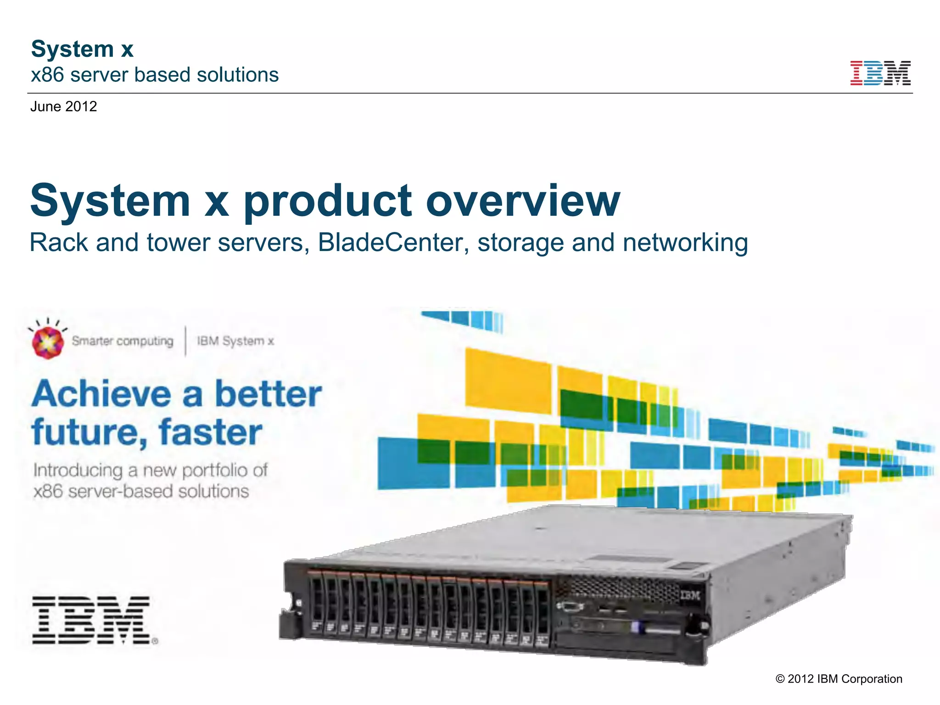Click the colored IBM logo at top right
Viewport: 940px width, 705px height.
[x=880, y=73]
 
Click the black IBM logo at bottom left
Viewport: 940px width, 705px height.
[x=92, y=620]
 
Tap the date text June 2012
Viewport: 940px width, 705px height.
[x=63, y=106]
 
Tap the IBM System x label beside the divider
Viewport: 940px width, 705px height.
[x=235, y=341]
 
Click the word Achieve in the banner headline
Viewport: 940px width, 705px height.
[x=101, y=394]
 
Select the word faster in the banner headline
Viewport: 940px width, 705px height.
[x=210, y=432]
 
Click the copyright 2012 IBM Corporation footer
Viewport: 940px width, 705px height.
[x=839, y=679]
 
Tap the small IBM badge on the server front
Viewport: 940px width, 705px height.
[x=690, y=595]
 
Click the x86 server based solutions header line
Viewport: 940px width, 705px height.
[x=155, y=75]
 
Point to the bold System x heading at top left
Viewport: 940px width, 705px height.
[x=82, y=49]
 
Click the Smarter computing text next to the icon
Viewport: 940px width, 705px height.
[x=123, y=341]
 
